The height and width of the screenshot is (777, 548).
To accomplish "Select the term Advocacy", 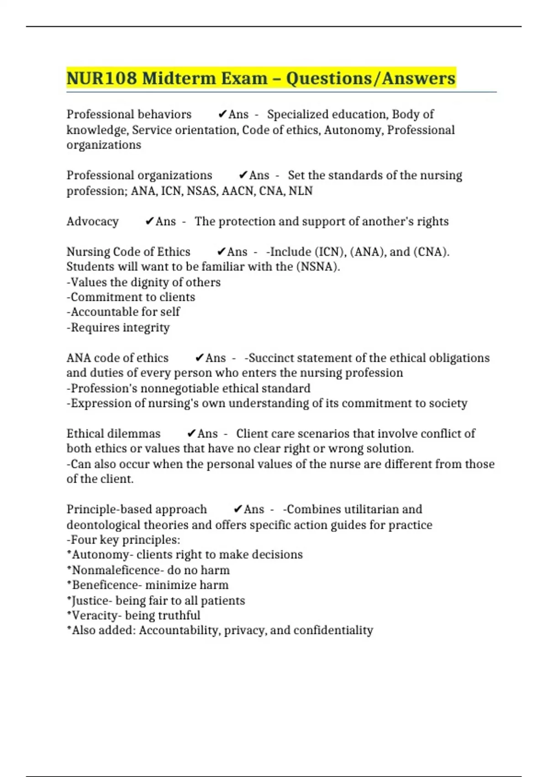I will point(93,222).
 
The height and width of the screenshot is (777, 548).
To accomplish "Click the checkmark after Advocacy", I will point(149,222).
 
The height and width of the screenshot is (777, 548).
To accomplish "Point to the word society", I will point(448,403).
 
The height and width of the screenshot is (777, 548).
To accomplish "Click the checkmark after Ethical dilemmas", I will point(192,434).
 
